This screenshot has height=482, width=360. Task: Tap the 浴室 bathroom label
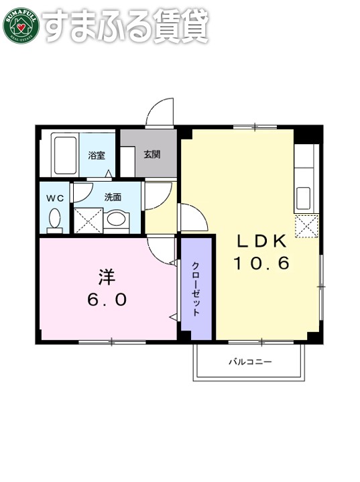pyautogui.click(x=96, y=156)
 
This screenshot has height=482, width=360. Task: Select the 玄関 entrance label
pyautogui.click(x=152, y=154)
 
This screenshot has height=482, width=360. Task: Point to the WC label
pyautogui.click(x=54, y=198)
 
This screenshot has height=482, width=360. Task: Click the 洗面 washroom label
pyautogui.click(x=113, y=198)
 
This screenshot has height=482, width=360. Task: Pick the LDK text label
pyautogui.click(x=261, y=241)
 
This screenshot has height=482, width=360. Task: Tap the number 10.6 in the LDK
pyautogui.click(x=261, y=263)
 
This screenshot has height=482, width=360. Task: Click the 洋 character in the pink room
pyautogui.click(x=107, y=276)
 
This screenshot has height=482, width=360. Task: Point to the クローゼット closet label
pyautogui.click(x=196, y=288)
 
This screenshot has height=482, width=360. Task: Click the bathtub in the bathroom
pyautogui.click(x=65, y=154)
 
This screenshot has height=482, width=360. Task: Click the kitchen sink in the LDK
pyautogui.click(x=303, y=198)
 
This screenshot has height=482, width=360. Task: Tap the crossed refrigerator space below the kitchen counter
pyautogui.click(x=306, y=227)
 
